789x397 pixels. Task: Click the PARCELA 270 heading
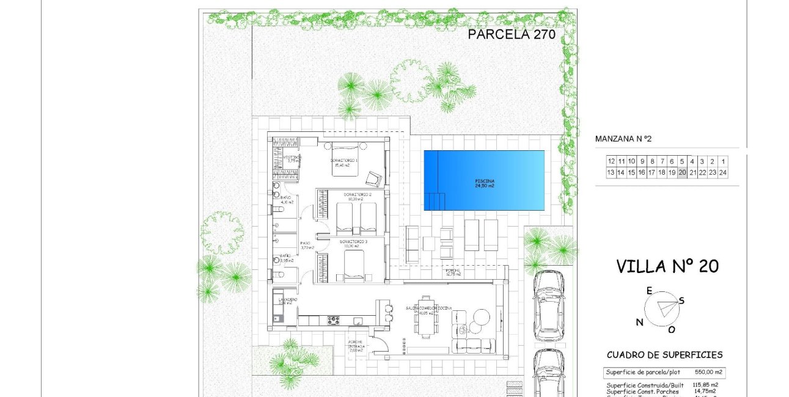pos(511,35)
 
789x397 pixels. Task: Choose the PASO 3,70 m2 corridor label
pos(306,246)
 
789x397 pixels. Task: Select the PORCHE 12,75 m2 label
pos(453,272)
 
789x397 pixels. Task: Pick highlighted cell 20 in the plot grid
pos(682,173)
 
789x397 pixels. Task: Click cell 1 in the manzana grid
pos(723,161)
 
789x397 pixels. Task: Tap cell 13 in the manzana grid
pos(611,173)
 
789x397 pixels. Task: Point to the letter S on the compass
pos(681,300)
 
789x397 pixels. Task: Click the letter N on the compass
pos(639,322)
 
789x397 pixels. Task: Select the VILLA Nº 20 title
pos(667,266)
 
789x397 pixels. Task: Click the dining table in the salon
pos(426,316)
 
